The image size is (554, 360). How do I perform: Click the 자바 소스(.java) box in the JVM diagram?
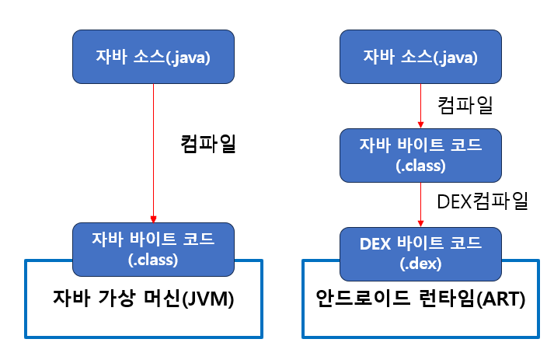coord(153,56)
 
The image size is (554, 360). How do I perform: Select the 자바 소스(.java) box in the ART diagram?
coord(420,56)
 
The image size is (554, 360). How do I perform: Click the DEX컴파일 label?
coord(483,201)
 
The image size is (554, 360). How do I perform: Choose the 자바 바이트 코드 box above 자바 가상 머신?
coord(153,247)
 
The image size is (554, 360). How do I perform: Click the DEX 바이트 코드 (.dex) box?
coord(420,253)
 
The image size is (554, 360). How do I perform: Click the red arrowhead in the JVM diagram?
coord(153,218)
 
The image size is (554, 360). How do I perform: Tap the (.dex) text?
coord(420,264)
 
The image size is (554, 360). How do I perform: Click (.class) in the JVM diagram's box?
coord(153,259)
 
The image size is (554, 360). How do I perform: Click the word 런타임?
coord(441,299)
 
